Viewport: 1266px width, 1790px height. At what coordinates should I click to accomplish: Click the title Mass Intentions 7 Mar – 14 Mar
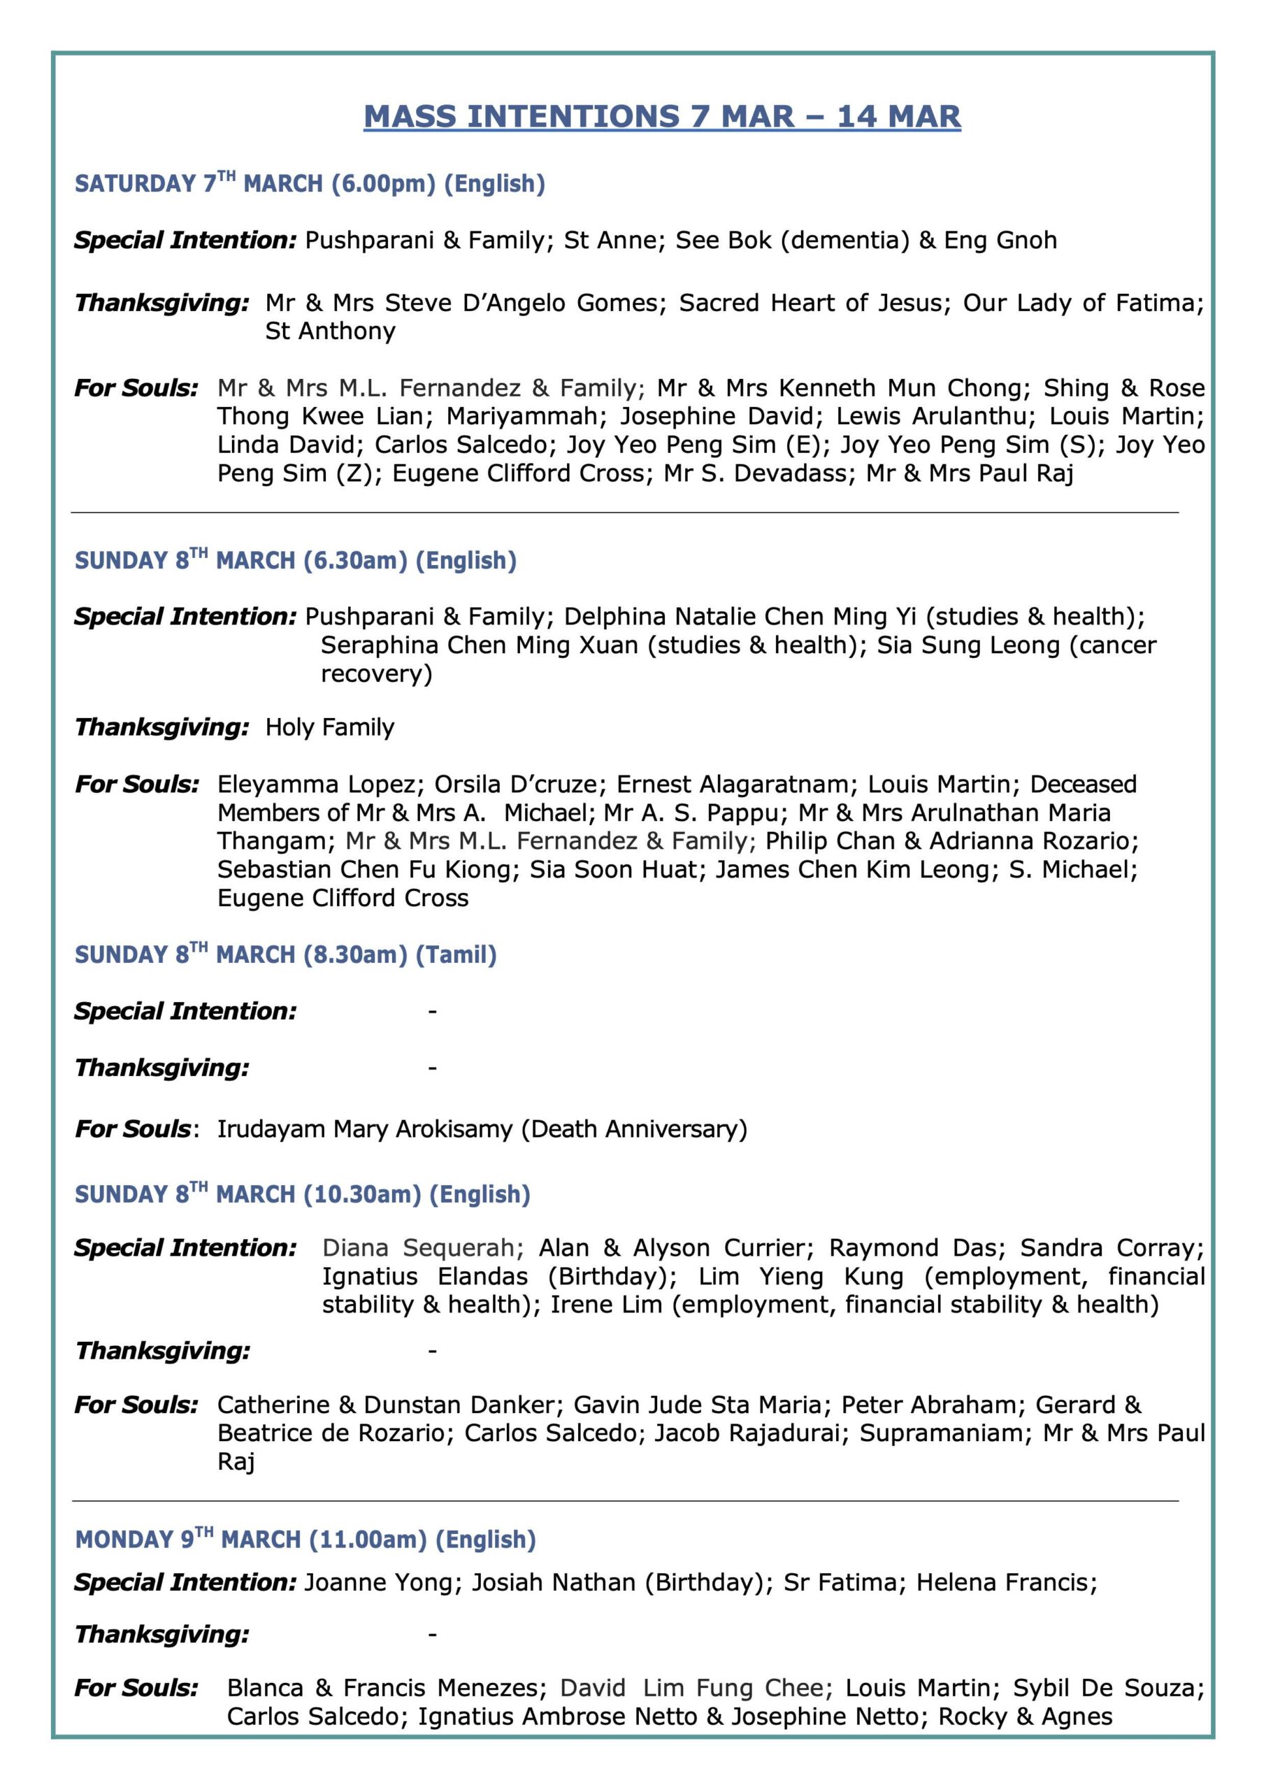pyautogui.click(x=662, y=117)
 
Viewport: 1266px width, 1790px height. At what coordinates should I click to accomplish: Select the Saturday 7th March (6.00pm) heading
pyautogui.click(x=310, y=184)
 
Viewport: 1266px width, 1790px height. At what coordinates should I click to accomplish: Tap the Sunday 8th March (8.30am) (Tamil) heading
pyautogui.click(x=285, y=955)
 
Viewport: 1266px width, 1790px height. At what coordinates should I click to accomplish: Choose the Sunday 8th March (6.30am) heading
pyautogui.click(x=296, y=561)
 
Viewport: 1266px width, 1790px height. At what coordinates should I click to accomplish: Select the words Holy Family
pyautogui.click(x=330, y=727)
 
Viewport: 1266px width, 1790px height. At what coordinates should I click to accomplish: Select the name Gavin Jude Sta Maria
pyautogui.click(x=697, y=1405)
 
